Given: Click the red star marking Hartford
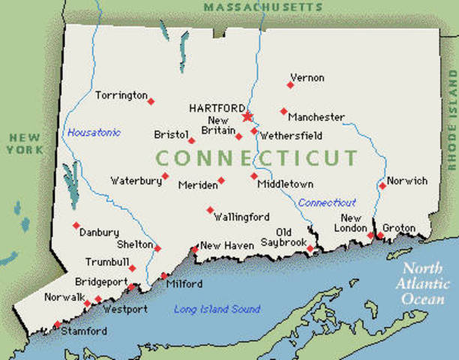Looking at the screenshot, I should tap(247, 116).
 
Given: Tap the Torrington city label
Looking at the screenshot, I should tap(121, 95).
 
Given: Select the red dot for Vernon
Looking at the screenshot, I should tap(290, 85).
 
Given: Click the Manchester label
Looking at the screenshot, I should tap(316, 118).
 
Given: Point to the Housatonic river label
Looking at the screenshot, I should tap(94, 133).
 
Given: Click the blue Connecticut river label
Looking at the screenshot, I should tap(327, 202).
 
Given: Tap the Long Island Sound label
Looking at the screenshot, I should tap(217, 309).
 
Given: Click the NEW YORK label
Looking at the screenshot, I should tap(25, 144).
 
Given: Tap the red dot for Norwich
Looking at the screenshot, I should tap(382, 185).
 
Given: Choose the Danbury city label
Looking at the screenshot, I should tap(99, 232).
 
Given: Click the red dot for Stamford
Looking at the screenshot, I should tap(57, 325).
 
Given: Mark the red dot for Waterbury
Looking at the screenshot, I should tap(165, 176).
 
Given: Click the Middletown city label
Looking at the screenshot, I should tap(285, 184).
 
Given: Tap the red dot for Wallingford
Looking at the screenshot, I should tap(210, 210).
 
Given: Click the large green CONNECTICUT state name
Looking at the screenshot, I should tap(256, 158).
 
